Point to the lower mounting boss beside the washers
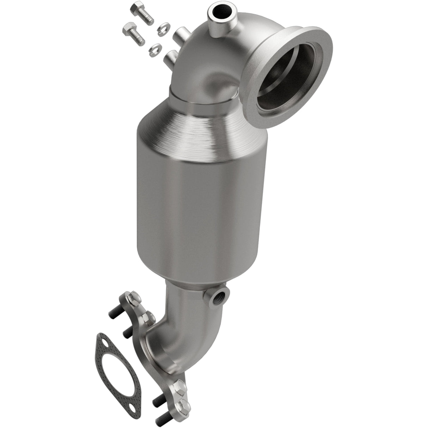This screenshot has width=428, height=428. tap(171, 57)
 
